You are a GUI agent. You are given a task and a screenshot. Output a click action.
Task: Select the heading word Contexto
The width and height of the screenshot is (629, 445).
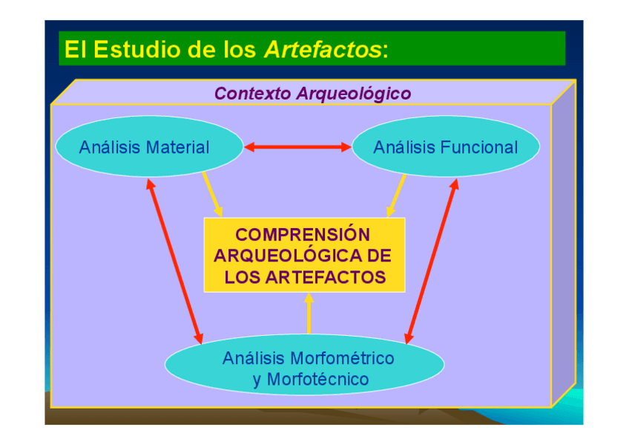pyautogui.click(x=252, y=94)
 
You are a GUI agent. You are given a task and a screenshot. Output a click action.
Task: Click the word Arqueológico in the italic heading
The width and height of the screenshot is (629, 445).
pyautogui.click(x=353, y=94)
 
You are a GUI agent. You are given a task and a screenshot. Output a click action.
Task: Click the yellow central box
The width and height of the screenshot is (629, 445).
pyautogui.click(x=305, y=254)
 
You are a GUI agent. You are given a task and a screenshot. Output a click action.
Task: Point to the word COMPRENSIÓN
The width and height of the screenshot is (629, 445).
pyautogui.click(x=303, y=235)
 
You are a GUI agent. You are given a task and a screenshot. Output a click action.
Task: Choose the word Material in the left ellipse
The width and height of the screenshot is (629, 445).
pyautogui.click(x=177, y=147)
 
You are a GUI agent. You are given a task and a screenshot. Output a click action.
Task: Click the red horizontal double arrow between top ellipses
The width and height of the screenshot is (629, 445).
pyautogui.click(x=297, y=147)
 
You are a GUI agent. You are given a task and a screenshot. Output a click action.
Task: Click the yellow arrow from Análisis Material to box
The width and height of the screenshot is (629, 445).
pyautogui.click(x=212, y=194)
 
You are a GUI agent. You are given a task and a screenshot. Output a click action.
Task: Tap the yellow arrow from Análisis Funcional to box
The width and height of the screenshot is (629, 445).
pyautogui.click(x=396, y=195)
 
